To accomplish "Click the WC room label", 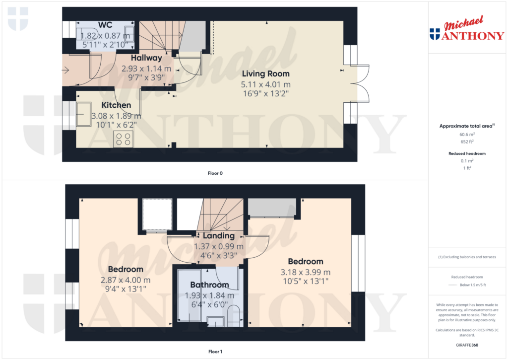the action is pos(105,25).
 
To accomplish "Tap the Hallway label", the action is pos(146,58).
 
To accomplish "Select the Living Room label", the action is pos(266,74).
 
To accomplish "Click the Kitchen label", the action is pos(116,105).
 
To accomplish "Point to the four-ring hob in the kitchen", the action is pos(123,139).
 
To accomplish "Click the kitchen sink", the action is pos(83,114).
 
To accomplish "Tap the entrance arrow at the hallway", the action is pos(65,70).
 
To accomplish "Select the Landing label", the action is pos(219,236).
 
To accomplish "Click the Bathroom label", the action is pos(210,285).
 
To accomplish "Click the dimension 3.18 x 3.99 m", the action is pos(306,273).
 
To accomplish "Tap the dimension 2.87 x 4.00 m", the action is pos(126,280).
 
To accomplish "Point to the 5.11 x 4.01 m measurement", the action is pos(266,84).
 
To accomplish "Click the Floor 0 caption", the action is pos(215,173).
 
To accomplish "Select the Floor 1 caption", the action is pos(215,352).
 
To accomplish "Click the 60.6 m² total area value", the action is pos(467,134).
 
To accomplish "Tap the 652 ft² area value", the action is pos(467,142).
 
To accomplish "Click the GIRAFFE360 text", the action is pos(467,345).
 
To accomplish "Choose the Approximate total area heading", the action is pos(466,126).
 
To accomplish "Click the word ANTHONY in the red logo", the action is pos(473,35).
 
